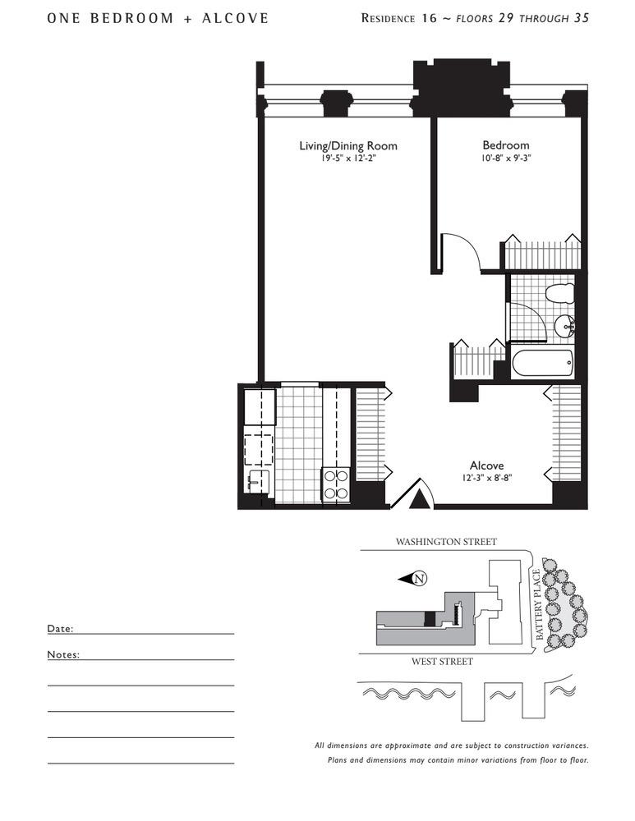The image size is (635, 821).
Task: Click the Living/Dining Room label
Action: pyautogui.click(x=347, y=145)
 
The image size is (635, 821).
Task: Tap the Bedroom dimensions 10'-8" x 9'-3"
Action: pyautogui.click(x=505, y=158)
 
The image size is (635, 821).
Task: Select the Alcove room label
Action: pyautogui.click(x=487, y=466)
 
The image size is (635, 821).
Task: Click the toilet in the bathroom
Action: pyautogui.click(x=559, y=294)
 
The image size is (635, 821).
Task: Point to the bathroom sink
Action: pyautogui.click(x=566, y=327)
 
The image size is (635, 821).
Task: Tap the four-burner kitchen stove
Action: pyautogui.click(x=336, y=484)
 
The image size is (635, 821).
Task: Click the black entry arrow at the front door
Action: pyautogui.click(x=418, y=500)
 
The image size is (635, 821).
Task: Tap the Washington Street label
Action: pyautogui.click(x=446, y=542)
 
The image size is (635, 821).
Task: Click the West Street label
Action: pyautogui.click(x=442, y=662)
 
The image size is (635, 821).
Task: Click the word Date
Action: pyautogui.click(x=60, y=628)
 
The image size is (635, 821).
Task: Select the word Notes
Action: pyautogui.click(x=63, y=654)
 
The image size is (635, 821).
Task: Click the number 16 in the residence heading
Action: pyautogui.click(x=429, y=18)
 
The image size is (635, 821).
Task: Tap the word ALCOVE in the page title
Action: pyautogui.click(x=235, y=18)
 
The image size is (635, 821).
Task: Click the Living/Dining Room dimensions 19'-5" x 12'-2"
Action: pyautogui.click(x=348, y=158)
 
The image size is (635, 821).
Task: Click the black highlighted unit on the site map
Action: pyautogui.click(x=430, y=618)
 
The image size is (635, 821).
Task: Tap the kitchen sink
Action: pyautogui.click(x=258, y=480)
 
